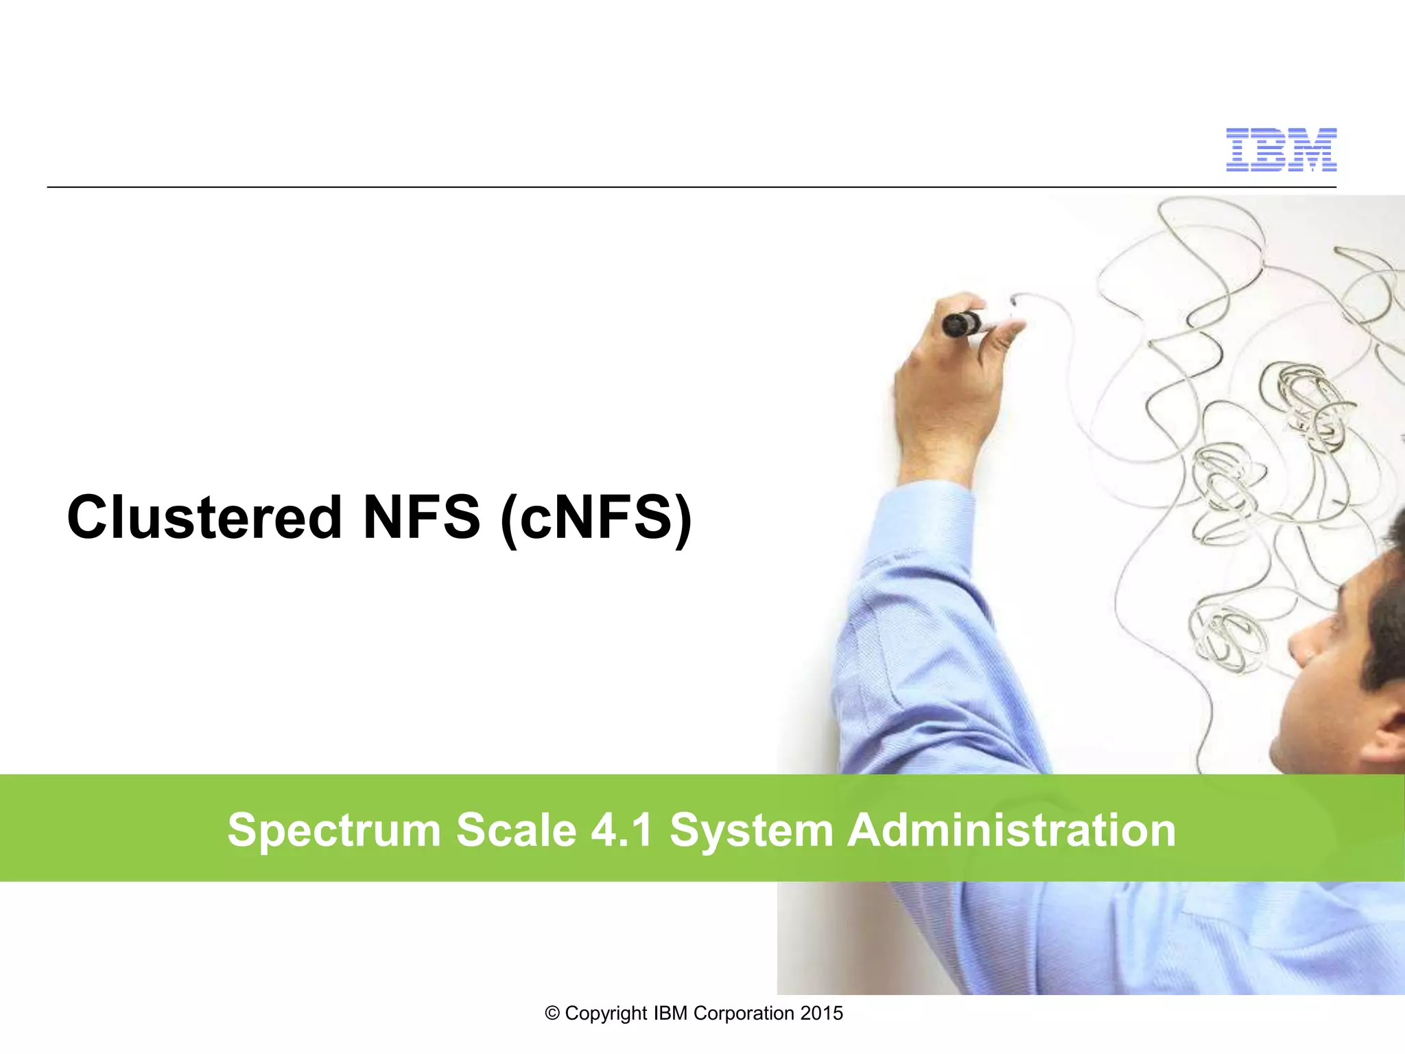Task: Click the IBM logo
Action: [1281, 149]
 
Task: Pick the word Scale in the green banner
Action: [517, 830]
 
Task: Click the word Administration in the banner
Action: [1011, 830]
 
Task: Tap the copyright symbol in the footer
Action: [552, 1014]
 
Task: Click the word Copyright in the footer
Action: [606, 1014]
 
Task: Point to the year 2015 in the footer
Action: [821, 1014]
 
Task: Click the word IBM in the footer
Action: [670, 1014]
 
